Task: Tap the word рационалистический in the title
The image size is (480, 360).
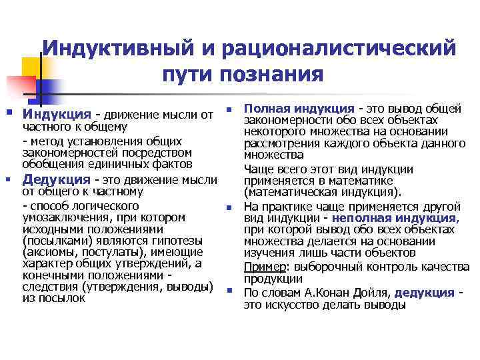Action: [342, 48]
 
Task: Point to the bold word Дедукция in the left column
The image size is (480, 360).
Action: [57, 179]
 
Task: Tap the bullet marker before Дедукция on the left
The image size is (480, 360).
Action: [9, 179]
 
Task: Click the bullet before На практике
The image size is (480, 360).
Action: [228, 207]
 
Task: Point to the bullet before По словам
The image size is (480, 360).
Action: [228, 292]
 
